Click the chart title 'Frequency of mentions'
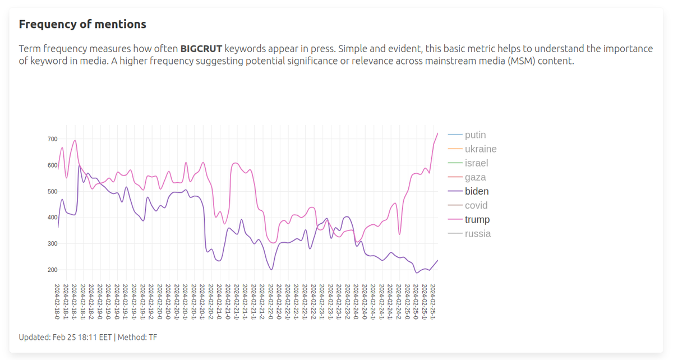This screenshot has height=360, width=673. click(82, 24)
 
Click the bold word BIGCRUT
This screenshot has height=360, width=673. click(201, 49)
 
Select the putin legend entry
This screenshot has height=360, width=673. click(475, 135)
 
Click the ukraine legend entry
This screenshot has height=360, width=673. click(480, 149)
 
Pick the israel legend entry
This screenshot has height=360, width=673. click(476, 163)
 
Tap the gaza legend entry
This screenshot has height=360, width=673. click(475, 177)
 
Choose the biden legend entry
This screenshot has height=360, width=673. click(476, 191)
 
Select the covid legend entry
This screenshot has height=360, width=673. click(476, 205)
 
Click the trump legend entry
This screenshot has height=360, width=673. click(477, 219)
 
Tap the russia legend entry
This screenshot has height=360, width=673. click(477, 233)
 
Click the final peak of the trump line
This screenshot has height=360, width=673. click(437, 133)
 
